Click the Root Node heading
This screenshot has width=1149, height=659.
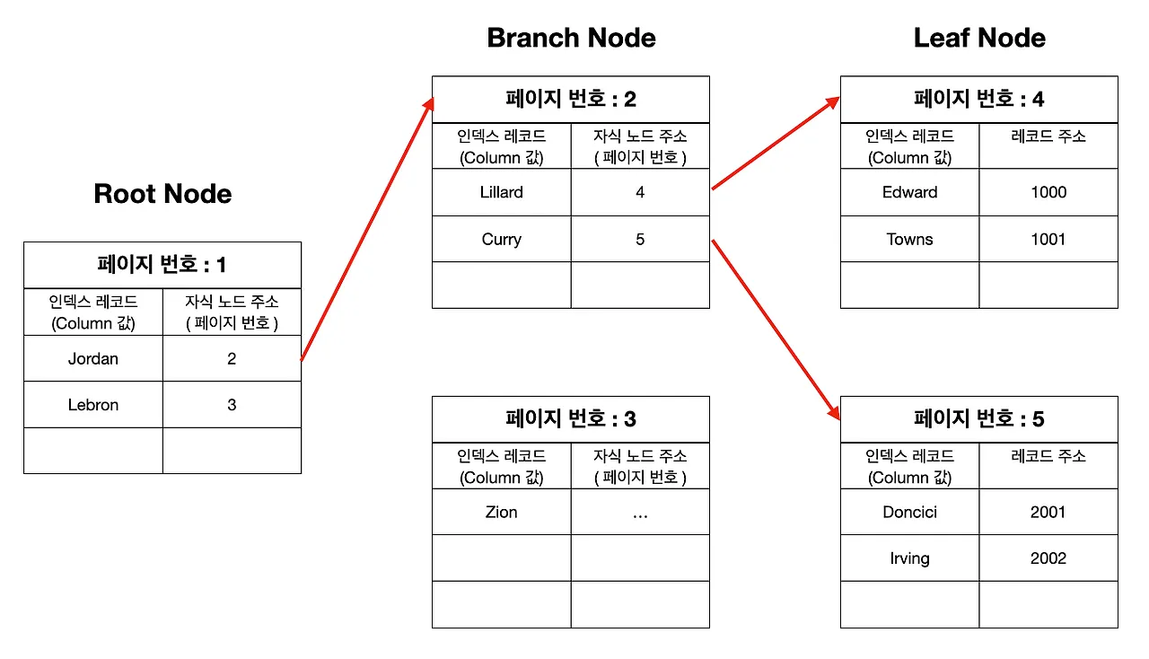tap(162, 194)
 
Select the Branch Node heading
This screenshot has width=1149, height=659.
tap(571, 38)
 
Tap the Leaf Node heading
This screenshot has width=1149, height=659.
tap(979, 38)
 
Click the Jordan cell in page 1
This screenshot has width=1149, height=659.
tap(92, 358)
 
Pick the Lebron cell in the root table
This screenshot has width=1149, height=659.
tap(92, 404)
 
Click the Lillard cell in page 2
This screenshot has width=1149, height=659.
tap(501, 192)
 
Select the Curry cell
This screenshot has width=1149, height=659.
tap(501, 239)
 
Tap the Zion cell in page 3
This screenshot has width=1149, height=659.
tap(501, 512)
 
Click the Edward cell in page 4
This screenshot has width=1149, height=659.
tap(909, 192)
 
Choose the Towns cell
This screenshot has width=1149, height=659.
tap(909, 239)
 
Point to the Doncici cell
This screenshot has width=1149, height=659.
tap(909, 512)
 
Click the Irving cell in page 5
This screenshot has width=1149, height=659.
tap(909, 558)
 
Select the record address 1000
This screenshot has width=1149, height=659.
tap(1048, 192)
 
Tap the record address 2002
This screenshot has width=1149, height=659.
tap(1048, 558)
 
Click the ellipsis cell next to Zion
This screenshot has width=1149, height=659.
tap(640, 512)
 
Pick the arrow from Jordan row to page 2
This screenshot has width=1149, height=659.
tap(367, 229)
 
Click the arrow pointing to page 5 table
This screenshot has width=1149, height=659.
tap(776, 330)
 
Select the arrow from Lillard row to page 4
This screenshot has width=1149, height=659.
tap(776, 143)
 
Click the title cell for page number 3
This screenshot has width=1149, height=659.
tap(571, 418)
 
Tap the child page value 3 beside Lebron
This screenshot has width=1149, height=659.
tap(232, 404)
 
